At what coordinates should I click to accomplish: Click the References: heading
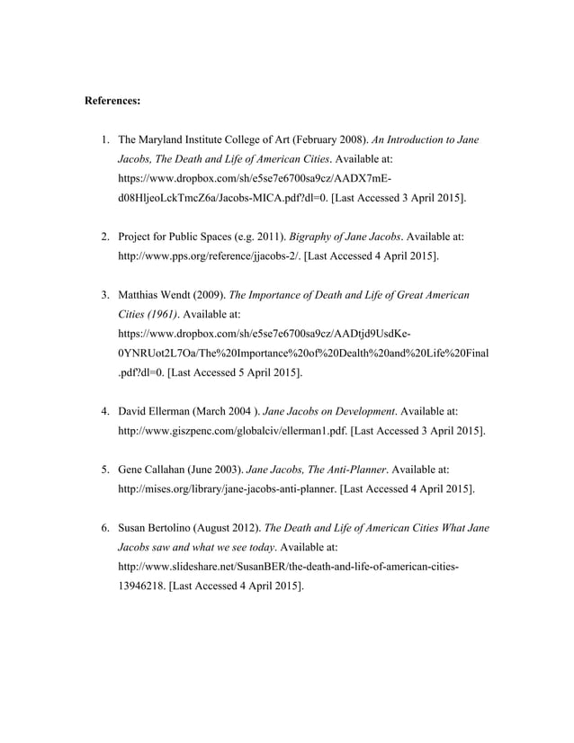(x=112, y=101)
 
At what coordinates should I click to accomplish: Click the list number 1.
(x=104, y=140)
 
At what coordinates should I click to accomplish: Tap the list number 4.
(x=104, y=411)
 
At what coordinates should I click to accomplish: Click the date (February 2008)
(x=310, y=140)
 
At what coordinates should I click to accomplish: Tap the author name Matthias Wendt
(x=153, y=295)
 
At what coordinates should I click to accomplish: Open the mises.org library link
(x=229, y=488)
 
